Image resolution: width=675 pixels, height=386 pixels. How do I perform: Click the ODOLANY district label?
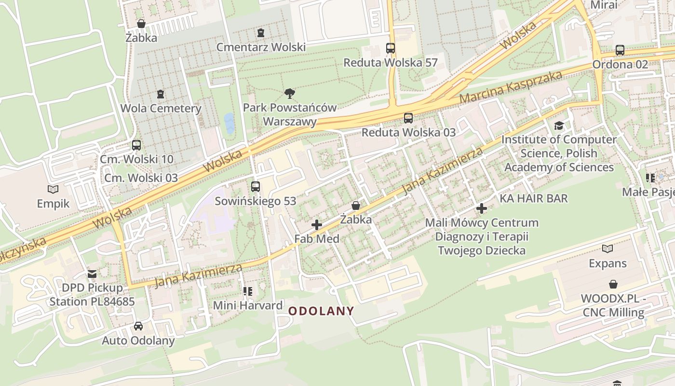pos(321,311)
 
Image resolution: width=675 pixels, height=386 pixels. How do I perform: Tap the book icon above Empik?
pos(53,189)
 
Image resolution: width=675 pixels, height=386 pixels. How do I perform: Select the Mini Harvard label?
pos(248,305)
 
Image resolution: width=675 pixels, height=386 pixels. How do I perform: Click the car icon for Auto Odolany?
pos(138,326)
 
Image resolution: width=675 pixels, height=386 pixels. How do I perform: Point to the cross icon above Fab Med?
pos(317,225)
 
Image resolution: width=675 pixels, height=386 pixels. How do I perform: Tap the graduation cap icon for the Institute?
pos(559,126)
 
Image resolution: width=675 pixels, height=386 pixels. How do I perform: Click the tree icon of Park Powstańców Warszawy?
pos(290,93)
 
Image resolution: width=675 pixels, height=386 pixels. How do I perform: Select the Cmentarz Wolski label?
pos(261,47)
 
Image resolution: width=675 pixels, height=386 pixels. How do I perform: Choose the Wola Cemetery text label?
pos(161,108)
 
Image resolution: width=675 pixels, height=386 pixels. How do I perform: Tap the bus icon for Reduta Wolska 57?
pos(391,48)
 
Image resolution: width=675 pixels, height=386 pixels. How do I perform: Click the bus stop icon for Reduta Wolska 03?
pos(408,118)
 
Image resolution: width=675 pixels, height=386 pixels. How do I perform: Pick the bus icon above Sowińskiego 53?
pos(256,187)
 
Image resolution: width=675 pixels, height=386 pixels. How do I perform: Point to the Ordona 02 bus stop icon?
pos(620,50)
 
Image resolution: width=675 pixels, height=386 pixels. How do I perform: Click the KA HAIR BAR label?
pos(533,198)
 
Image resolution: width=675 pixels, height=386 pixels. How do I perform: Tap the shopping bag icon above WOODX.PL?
pos(613,284)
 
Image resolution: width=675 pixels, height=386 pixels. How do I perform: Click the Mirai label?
pos(604,5)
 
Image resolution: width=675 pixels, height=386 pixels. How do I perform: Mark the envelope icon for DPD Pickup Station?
pos(92,274)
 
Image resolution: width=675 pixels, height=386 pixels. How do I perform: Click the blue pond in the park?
pos(229,123)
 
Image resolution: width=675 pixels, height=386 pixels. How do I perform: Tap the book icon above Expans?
pos(607,249)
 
